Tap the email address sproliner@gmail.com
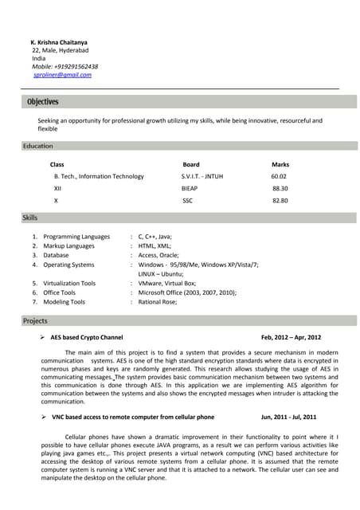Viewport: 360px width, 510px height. coord(62,75)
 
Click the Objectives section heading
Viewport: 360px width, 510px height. coord(43,102)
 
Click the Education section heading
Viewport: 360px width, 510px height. coord(38,147)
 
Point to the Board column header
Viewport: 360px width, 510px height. coord(191,164)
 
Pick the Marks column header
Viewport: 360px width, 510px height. coord(280,164)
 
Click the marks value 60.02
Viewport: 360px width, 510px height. coord(279,176)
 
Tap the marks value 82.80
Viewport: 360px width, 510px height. coord(280,201)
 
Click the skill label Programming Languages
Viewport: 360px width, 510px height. coord(76,237)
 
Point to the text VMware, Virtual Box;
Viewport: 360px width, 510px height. coord(167,283)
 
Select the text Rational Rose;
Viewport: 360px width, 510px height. coord(158,302)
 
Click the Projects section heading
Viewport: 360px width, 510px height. coord(35,321)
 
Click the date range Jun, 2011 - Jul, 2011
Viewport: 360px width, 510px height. coord(289,417)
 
